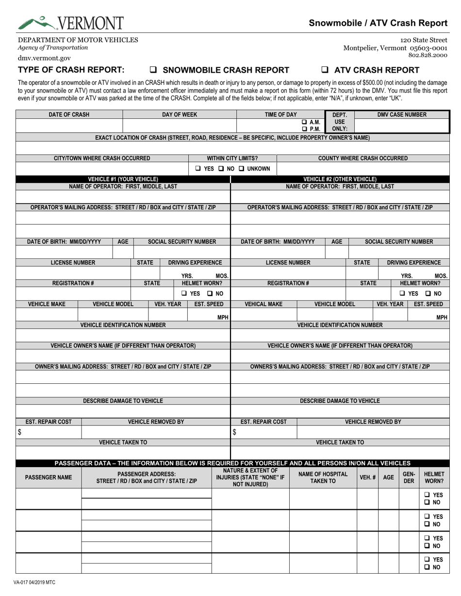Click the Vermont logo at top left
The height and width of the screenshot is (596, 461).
[x=70, y=22]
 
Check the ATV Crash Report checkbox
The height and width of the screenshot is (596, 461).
[x=325, y=70]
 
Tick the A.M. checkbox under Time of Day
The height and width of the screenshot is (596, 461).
[x=304, y=122]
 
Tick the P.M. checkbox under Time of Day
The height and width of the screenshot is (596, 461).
[x=304, y=129]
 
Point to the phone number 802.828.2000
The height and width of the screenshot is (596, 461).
[x=428, y=55]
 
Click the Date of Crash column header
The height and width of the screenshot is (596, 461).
[x=69, y=115]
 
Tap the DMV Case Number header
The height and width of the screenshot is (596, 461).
[x=402, y=115]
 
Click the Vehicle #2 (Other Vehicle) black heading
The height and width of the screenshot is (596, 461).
[x=340, y=179]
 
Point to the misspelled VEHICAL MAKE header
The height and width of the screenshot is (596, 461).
[x=262, y=304]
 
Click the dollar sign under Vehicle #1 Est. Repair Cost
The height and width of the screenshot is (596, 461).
[x=20, y=432]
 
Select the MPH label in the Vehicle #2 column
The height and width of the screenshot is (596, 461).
[x=442, y=317]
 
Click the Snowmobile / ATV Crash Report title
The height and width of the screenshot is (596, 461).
[x=378, y=23]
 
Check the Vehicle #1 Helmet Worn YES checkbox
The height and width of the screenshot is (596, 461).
[x=184, y=294]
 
